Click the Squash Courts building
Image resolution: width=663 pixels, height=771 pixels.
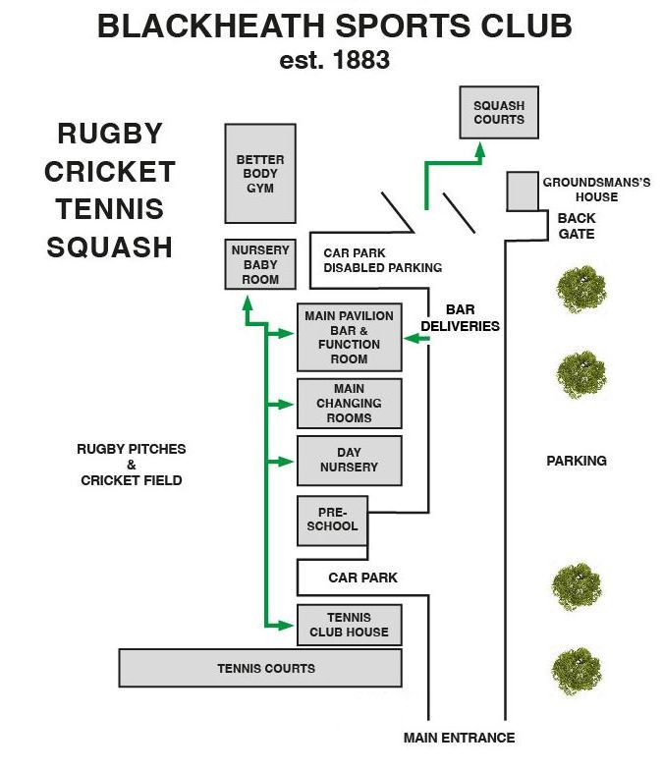pos(499,112)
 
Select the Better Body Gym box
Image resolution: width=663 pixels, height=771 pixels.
pos(260,173)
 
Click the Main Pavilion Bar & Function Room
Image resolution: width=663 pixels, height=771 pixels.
pos(349,337)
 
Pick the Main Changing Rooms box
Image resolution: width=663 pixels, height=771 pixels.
pos(349,404)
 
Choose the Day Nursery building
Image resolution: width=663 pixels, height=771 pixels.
pos(349,461)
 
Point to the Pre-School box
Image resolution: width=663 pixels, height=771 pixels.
pos(332,521)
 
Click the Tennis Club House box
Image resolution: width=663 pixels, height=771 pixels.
pos(349,626)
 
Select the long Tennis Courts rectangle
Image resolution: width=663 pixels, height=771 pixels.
pos(260,668)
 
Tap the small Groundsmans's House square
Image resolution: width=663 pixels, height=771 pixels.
pos(523,191)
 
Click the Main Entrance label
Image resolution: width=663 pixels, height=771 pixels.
pos(459,738)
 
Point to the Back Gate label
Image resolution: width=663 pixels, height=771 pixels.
pos(576,226)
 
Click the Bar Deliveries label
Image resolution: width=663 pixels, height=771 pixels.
pos(461,318)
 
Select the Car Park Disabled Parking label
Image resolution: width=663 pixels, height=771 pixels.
pos(382,260)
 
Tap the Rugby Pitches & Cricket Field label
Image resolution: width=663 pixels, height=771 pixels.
pos(131,465)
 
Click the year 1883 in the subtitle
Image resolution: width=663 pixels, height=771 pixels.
pos(361,60)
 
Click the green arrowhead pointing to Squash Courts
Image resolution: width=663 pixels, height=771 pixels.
pos(480,149)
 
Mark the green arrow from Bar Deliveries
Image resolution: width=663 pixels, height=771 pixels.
pos(417,339)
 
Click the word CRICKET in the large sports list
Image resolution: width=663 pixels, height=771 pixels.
pos(110,171)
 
